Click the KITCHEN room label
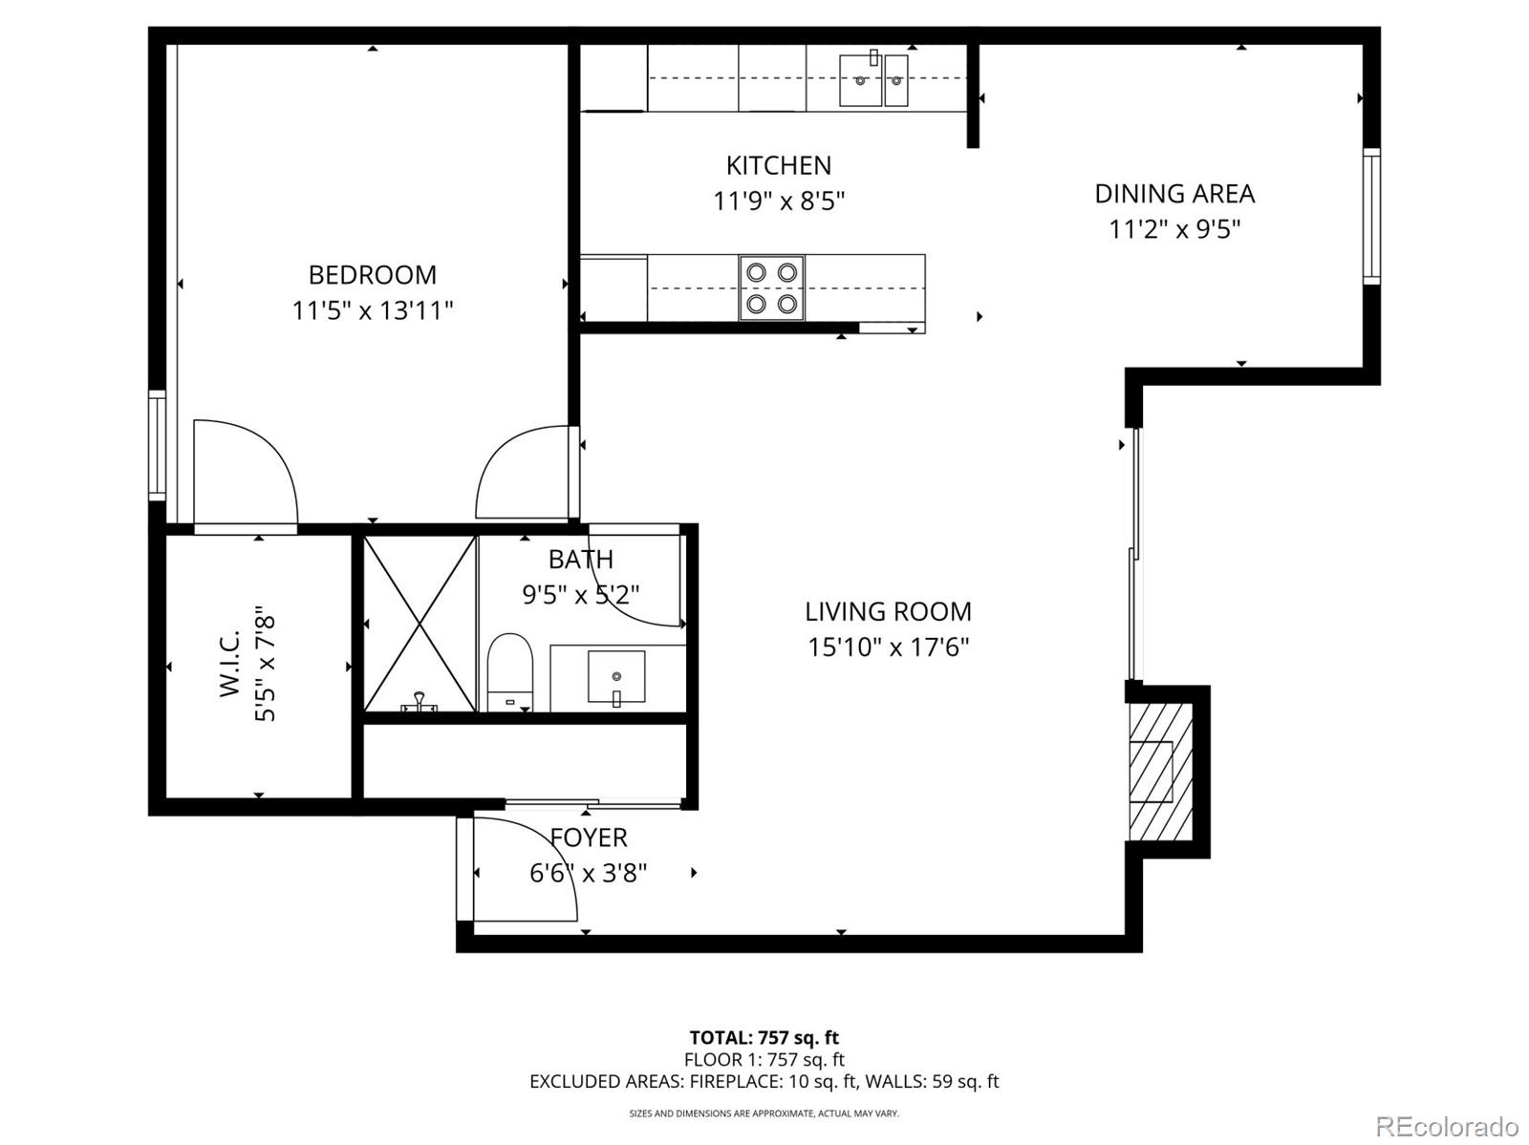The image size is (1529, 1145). pos(779,165)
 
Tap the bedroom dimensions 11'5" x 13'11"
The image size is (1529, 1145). pos(373,310)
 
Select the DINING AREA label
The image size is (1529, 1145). pos(1174,194)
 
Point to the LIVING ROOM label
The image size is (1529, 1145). pos(888,611)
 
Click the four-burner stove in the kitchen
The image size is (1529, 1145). pos(772,287)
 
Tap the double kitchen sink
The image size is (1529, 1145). pos(873,80)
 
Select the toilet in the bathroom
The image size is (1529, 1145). pos(510,672)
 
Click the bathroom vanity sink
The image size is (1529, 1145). pos(616,677)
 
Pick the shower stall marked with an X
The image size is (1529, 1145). pos(420,623)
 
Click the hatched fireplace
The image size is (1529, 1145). pos(1160,772)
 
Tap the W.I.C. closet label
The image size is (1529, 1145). pos(229,664)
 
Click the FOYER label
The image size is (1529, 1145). pos(589,838)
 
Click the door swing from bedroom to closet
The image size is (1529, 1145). pos(245,472)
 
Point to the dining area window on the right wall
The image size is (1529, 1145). pos(1371,216)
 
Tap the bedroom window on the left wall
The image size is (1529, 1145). pos(157,445)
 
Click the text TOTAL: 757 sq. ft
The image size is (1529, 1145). pos(764,1037)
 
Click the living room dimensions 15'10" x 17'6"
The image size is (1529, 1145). pos(888,647)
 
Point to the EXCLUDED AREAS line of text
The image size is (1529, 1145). pos(764,1081)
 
